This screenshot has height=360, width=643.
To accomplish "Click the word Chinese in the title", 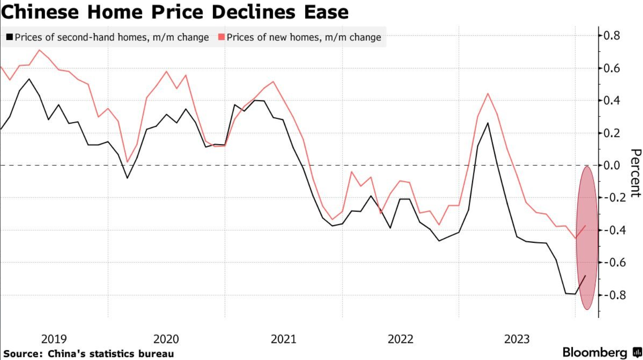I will point(40,12).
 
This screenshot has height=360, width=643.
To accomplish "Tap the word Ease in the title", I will point(326,12).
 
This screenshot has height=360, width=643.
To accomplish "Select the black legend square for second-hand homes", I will point(9,37).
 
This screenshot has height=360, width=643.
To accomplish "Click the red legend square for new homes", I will point(221,37).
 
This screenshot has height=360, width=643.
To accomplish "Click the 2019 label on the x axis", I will point(54,339).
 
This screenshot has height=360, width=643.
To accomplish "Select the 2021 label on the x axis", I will point(283,339).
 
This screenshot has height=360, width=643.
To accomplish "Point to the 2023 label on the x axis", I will point(517,339).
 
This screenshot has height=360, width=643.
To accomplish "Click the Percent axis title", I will point(635,173).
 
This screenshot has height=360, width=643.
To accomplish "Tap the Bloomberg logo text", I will point(595,352).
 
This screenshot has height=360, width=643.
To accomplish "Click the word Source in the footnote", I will point(23,354).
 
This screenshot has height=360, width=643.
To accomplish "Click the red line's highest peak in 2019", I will point(39,50).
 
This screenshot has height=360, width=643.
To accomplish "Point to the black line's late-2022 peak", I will point(487,123).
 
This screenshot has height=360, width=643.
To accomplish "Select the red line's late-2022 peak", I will point(487,94).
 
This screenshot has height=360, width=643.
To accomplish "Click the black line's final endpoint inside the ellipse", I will point(585,276).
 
